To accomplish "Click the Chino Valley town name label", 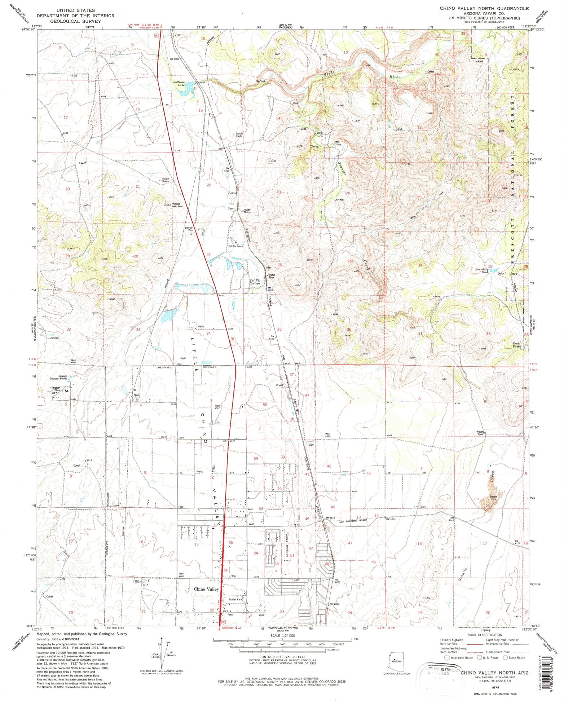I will click(206, 589).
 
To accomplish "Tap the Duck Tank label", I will click(516, 345).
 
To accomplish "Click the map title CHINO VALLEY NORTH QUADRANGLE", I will click(484, 8).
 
